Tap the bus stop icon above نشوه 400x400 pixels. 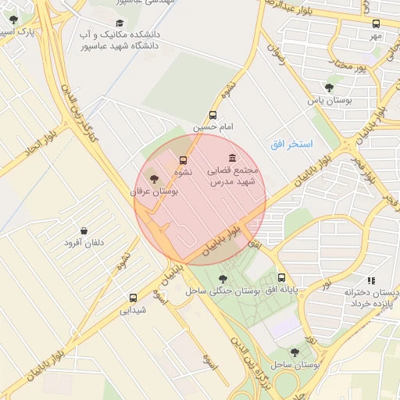click(x=184, y=160)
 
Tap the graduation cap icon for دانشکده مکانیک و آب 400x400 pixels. click(x=119, y=23)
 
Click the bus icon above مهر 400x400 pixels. click(x=376, y=24)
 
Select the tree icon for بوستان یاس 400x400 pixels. click(x=328, y=87)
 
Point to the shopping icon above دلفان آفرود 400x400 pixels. click(x=84, y=230)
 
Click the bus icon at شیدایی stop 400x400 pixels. click(x=133, y=298)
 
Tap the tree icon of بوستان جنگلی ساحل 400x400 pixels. click(x=223, y=278)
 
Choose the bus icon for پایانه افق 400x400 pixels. click(x=281, y=277)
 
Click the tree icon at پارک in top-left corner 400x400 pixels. click(x=13, y=20)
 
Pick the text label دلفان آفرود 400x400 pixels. click(x=84, y=243)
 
